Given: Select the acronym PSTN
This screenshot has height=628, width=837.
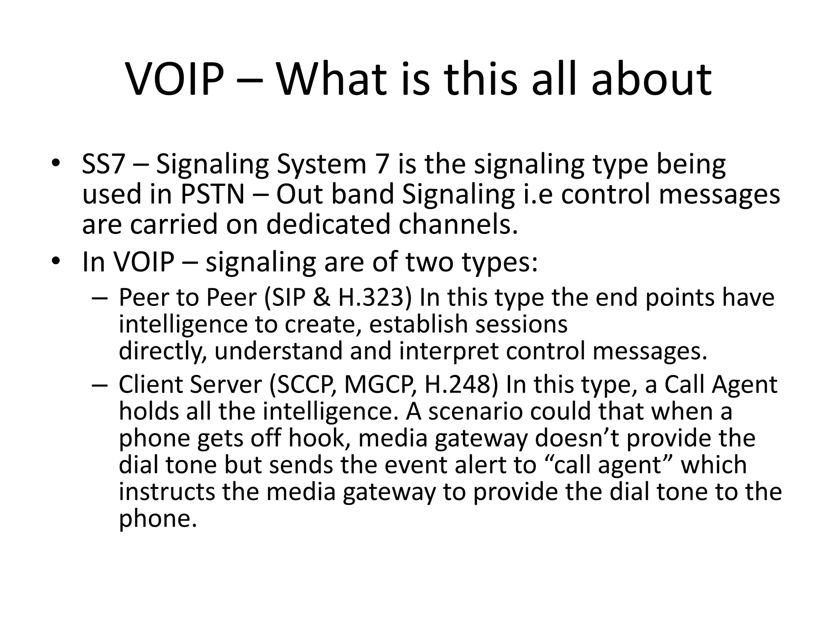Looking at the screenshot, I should (212, 195).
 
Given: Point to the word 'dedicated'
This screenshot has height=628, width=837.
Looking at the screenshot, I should (329, 225).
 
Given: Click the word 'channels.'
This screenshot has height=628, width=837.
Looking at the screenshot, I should (458, 225).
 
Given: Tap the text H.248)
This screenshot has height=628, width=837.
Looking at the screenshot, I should (462, 385).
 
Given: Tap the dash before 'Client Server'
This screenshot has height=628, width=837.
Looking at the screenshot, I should (100, 385).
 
